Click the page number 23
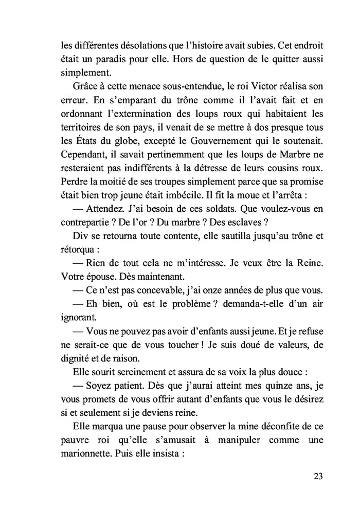coord(318,476)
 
